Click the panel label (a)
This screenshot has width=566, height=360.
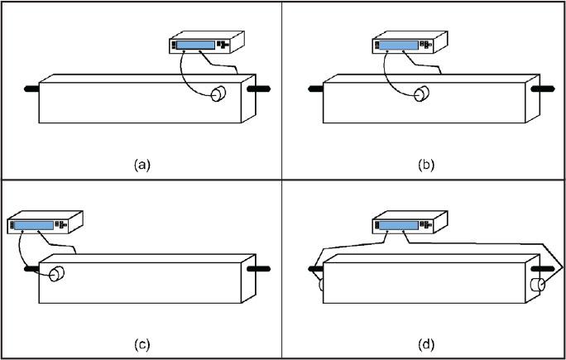click(142, 165)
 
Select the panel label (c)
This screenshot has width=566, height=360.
click(142, 343)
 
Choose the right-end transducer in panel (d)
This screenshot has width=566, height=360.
click(539, 286)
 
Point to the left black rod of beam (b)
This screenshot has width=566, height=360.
click(314, 87)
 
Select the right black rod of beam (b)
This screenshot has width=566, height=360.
click(543, 86)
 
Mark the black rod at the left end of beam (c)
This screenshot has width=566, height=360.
click(31, 267)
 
